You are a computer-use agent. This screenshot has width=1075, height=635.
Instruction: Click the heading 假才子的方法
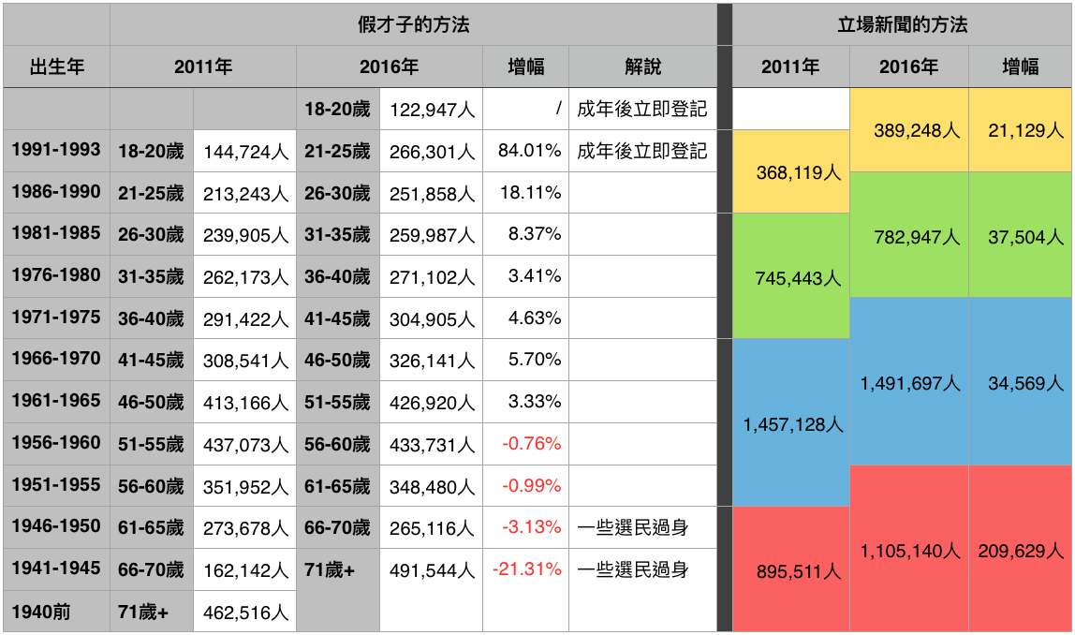pos(413,24)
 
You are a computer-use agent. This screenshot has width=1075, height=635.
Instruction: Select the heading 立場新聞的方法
pos(902,24)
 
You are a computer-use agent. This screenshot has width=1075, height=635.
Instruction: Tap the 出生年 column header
pos(56,66)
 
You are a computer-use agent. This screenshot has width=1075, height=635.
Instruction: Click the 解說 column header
pos(642,66)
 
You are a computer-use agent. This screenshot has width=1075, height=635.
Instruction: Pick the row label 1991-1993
pos(56,150)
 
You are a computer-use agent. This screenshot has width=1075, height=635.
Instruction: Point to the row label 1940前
pos(41,613)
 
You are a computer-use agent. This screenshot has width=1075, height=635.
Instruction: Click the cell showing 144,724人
pos(245,152)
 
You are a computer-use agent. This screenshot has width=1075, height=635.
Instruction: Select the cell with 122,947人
pos(432,110)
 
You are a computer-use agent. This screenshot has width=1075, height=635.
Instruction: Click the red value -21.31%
pos(526,569)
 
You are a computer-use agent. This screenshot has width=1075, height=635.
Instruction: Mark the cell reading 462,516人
pos(245,613)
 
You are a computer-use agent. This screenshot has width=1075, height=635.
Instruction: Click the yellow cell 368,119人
pos(791,173)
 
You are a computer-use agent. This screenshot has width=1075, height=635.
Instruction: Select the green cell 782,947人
pos(909,237)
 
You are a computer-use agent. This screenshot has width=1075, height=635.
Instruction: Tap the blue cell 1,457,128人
pos(792,424)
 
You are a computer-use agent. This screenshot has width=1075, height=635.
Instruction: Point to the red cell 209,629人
pos(1021,551)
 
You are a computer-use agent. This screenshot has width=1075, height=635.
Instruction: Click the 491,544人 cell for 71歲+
pos(432,569)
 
